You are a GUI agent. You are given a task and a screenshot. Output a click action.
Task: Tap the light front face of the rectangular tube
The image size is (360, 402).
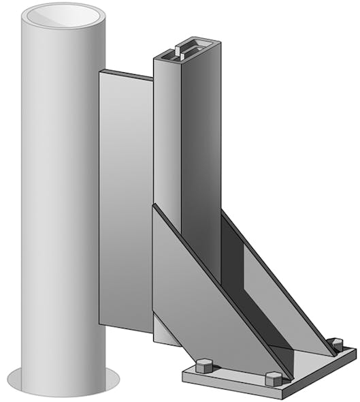[x=167, y=136]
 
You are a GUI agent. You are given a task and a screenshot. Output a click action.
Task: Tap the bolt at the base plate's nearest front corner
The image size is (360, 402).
[x=272, y=378]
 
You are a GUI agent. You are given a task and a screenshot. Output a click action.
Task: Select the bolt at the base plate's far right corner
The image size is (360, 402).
[x=335, y=344]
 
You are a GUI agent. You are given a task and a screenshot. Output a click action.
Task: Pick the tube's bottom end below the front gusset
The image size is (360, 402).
[x=165, y=334]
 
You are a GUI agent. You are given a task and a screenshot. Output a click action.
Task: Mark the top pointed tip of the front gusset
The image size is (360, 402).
[x=154, y=206]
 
